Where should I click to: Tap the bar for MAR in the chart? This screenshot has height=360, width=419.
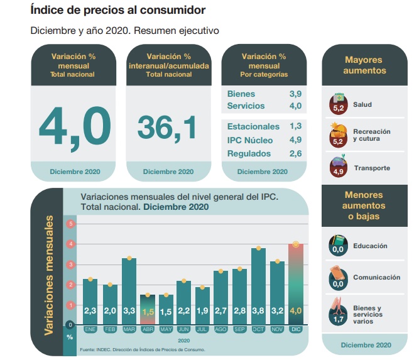[129, 289]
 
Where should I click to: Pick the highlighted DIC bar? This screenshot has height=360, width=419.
[296, 283]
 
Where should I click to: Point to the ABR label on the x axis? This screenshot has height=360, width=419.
[148, 329]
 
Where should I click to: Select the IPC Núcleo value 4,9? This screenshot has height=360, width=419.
[296, 140]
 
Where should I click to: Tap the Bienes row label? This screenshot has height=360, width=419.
[241, 94]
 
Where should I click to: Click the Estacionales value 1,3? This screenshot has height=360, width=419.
[296, 126]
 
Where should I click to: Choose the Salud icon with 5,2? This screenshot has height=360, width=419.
[339, 103]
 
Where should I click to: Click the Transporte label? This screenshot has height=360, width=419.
[372, 168]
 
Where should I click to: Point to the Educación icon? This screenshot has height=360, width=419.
[339, 244]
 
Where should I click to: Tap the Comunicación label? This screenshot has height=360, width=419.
[376, 277]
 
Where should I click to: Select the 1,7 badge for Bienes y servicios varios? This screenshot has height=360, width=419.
[339, 319]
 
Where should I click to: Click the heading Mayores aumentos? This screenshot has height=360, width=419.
[364, 65]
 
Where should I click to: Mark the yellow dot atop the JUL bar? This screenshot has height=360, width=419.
[202, 288]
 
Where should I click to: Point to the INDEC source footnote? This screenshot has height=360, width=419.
[142, 349]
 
